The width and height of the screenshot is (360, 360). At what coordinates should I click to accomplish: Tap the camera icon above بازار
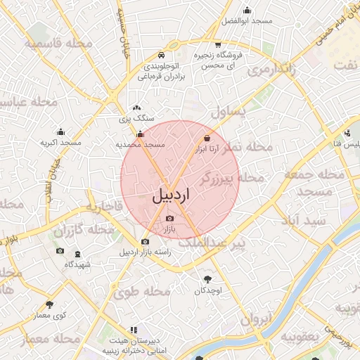point(169,219)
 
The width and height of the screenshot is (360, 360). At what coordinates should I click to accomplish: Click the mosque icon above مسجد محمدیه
point(140,134)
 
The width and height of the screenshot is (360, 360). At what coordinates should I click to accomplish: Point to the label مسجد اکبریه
point(60,143)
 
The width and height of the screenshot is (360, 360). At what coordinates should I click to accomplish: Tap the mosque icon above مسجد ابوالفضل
point(247,11)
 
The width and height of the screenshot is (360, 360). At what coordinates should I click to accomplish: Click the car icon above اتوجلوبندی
point(162,54)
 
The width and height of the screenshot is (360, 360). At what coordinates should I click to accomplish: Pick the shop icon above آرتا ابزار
point(207,138)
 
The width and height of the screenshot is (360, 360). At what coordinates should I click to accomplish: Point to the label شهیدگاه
point(77,264)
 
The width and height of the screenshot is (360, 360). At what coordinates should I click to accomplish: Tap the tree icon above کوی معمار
point(49,304)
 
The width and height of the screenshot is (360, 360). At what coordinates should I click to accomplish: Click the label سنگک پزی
point(136,120)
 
